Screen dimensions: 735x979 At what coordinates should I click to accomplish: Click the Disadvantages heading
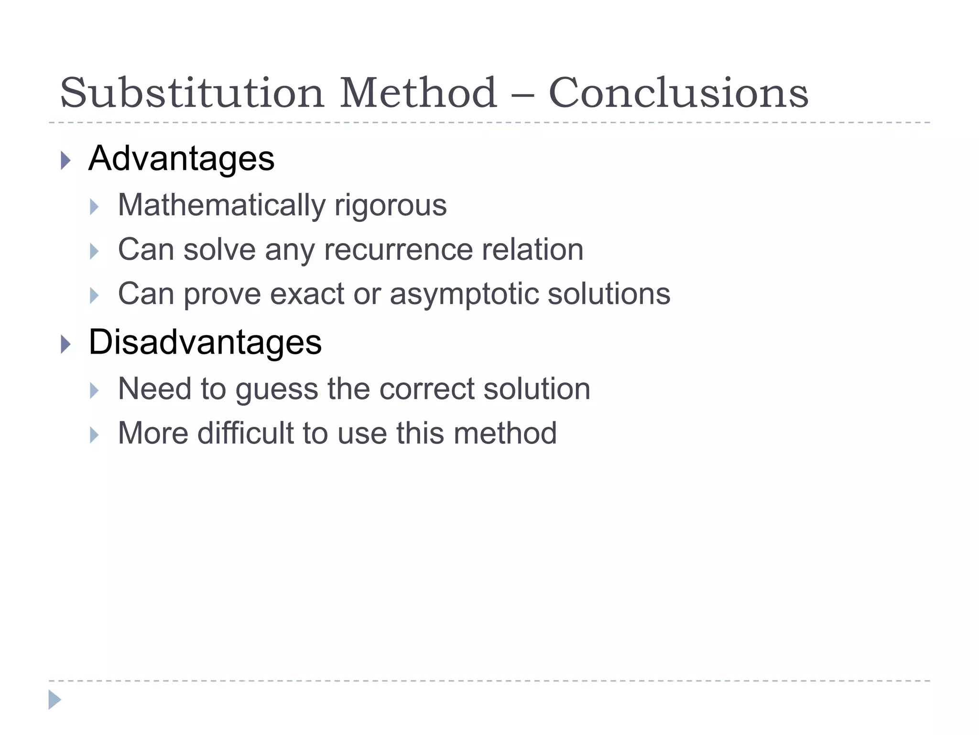click(205, 342)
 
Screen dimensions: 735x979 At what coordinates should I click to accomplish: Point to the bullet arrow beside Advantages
click(66, 160)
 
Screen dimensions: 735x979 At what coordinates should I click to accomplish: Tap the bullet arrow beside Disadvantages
click(66, 345)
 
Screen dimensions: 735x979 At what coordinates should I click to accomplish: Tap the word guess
click(276, 389)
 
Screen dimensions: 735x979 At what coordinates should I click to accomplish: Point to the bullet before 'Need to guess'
click(94, 391)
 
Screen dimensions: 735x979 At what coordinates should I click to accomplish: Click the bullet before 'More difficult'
click(94, 435)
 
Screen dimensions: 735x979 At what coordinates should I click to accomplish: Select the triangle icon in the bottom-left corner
click(55, 700)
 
